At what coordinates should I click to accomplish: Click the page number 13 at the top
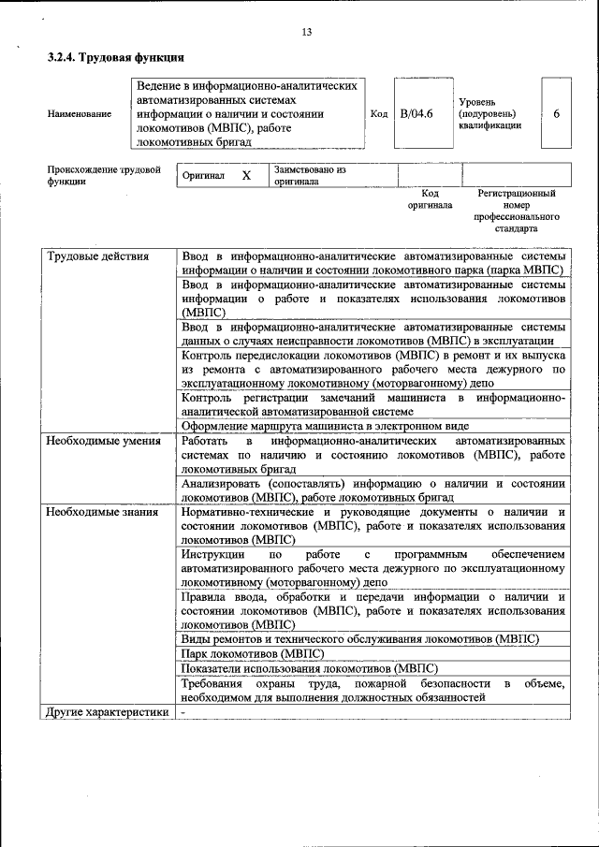click(306, 34)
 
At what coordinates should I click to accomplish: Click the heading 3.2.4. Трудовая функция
click(115, 58)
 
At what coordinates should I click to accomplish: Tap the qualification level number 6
click(557, 113)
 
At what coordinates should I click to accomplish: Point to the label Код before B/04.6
click(379, 114)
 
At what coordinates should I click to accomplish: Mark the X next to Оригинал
click(246, 176)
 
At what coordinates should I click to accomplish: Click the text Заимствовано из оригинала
click(310, 176)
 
